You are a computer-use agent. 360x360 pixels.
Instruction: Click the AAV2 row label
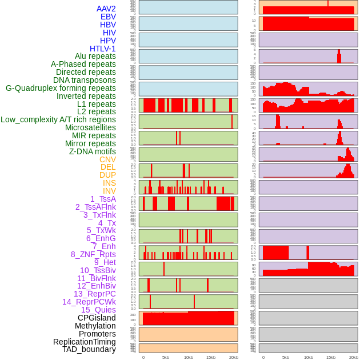[x=106, y=9]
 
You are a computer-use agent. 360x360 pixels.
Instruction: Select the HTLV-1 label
[x=103, y=49]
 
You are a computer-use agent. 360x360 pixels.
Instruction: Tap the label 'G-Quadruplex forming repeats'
[x=61, y=88]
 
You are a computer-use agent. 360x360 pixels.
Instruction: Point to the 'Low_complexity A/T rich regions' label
[x=58, y=119]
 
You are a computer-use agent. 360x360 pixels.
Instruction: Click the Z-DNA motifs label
[x=93, y=151]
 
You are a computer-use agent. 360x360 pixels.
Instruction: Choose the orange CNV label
[x=107, y=159]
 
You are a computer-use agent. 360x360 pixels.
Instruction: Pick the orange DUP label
[x=107, y=175]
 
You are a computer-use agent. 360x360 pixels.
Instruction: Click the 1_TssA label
[x=103, y=199]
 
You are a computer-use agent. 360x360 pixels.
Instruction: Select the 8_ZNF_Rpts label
[x=93, y=254]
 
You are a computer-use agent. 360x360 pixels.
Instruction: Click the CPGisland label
[x=97, y=318]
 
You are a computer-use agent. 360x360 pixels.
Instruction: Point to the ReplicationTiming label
[x=84, y=342]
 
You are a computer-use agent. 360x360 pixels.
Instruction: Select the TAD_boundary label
[x=89, y=349]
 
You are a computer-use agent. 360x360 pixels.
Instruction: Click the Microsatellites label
[x=90, y=127]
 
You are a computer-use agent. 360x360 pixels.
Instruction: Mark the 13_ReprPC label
[x=94, y=294]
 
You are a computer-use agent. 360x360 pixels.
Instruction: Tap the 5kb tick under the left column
[x=166, y=357]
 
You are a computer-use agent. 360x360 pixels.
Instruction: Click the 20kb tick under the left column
[x=233, y=357]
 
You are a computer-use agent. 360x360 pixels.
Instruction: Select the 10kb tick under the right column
[x=309, y=357]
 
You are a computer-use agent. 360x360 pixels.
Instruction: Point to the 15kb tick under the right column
[x=331, y=357]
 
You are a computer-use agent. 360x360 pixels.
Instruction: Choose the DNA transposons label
[x=85, y=80]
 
